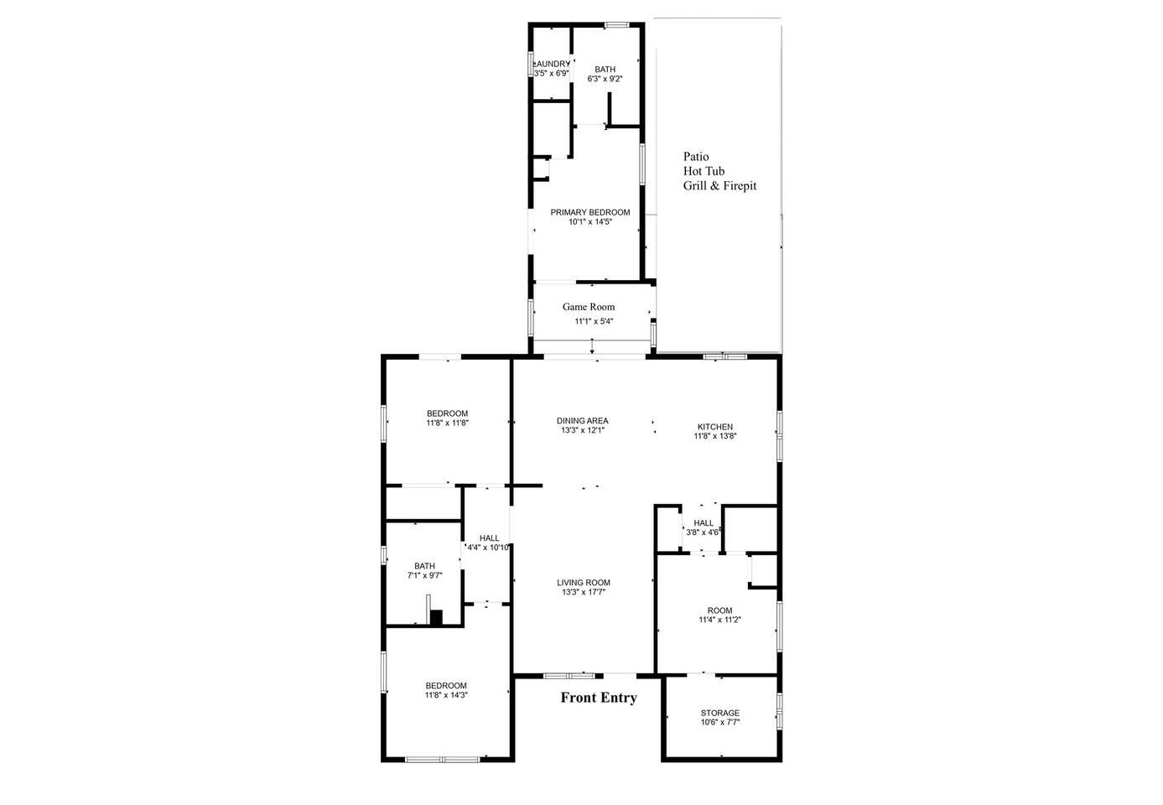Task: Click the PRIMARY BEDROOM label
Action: [x=589, y=212]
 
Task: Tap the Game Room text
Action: [x=589, y=307]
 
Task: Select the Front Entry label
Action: [x=599, y=698]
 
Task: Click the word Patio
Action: [x=696, y=156]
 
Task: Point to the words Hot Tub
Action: [x=704, y=171]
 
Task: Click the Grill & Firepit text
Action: [x=719, y=185]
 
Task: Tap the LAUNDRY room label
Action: [x=552, y=64]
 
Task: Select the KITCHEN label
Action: [x=715, y=427]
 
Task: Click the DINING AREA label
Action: [x=582, y=421]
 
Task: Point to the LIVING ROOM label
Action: [x=584, y=583]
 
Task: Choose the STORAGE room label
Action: [x=720, y=713]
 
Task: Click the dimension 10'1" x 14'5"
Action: [x=590, y=221]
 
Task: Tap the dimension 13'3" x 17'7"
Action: [x=584, y=592]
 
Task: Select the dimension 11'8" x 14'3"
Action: [x=446, y=695]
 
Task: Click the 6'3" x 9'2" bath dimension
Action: [x=605, y=79]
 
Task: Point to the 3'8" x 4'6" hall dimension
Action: [x=704, y=532]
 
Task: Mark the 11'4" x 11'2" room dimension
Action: [x=719, y=620]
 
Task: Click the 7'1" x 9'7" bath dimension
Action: [x=425, y=575]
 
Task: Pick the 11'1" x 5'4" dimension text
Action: [x=594, y=321]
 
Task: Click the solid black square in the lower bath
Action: [x=436, y=617]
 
